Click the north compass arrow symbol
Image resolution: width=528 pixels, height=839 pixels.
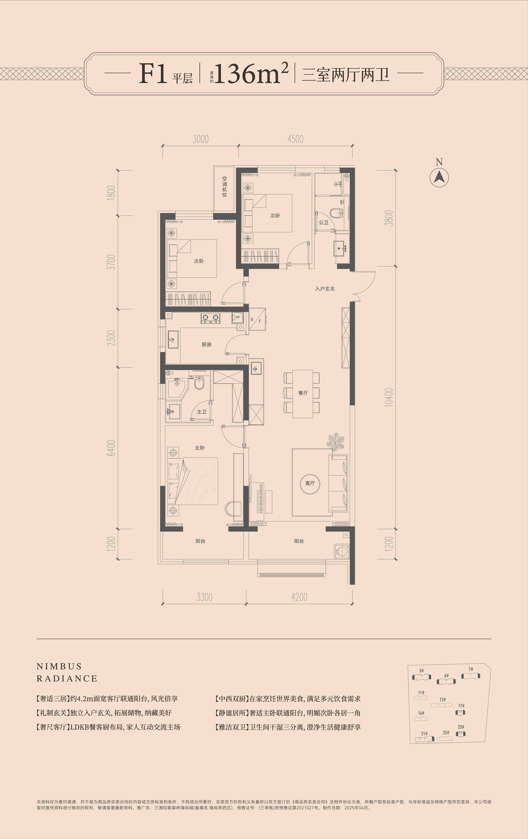[439, 177]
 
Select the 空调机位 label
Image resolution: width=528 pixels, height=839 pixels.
[225, 186]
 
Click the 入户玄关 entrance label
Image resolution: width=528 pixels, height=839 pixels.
[325, 289]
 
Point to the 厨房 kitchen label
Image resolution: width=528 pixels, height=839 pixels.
[206, 344]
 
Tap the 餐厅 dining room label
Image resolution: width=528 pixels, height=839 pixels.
[303, 393]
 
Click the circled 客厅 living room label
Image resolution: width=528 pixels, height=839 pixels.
[310, 483]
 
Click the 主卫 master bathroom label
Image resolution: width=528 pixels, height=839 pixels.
[202, 411]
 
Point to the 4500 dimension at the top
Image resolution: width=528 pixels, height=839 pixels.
[295, 139]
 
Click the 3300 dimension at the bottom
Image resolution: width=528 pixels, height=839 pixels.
[204, 597]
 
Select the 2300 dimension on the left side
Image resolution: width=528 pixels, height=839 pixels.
[111, 338]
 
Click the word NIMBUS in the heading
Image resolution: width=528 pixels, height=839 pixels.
[59, 666]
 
